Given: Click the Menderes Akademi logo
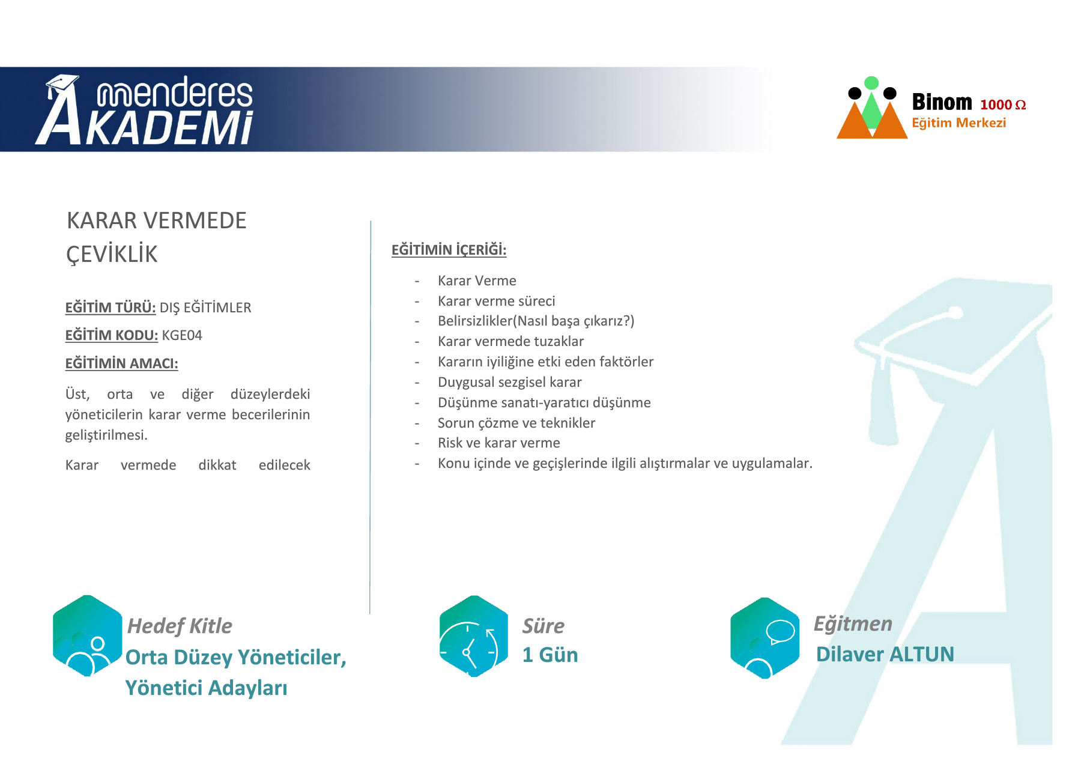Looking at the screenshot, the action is [144, 110].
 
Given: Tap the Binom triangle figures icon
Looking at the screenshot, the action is [871, 108].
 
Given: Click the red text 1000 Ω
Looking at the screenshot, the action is [1003, 105].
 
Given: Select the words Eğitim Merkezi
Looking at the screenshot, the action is [958, 123].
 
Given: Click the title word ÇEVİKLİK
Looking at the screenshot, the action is [112, 254].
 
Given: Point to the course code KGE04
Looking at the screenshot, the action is [182, 335].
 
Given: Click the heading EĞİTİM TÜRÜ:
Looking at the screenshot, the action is [111, 308].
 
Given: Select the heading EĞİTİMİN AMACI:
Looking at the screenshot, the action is [121, 363].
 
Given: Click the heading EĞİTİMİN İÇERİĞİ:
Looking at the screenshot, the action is [449, 250].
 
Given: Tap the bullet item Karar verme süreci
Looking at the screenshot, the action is [496, 301].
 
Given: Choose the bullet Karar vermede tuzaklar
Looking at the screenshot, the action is [510, 341].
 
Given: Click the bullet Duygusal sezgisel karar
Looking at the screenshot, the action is [509, 382].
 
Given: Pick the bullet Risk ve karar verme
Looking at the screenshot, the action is [498, 443].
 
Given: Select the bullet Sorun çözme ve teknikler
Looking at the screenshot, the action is [516, 423].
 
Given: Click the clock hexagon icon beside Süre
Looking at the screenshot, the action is [474, 636].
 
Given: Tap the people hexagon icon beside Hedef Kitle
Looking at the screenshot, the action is [88, 635].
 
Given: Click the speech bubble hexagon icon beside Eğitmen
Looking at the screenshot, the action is [765, 638].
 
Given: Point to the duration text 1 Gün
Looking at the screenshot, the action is [550, 655].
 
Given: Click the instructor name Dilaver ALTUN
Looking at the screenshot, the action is [885, 654].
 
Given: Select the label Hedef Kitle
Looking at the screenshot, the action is [180, 626].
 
